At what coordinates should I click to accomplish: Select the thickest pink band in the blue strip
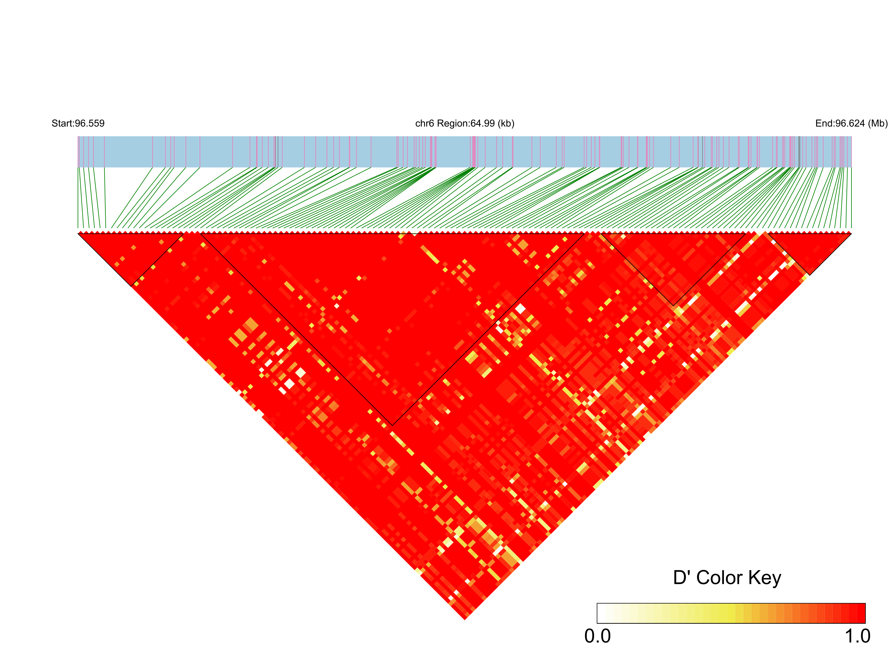tap(474, 152)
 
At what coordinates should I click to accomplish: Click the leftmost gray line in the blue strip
tap(276, 152)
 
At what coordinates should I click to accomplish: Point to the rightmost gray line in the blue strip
tap(799, 152)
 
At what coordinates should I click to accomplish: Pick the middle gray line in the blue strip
tap(702, 152)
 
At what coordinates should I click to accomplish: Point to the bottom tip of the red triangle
tap(465, 619)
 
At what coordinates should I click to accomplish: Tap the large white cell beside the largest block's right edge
tap(520, 308)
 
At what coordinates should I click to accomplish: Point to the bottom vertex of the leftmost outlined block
tap(131, 286)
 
